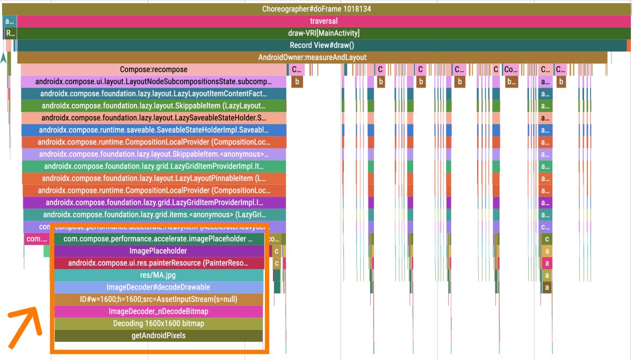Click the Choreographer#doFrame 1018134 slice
pos(316,9)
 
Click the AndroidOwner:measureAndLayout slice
pos(312,57)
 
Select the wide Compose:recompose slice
pos(154,70)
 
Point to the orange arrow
pos(25,327)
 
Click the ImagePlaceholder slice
pos(158,251)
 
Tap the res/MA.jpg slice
pos(158,275)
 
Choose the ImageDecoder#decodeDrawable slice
pos(158,287)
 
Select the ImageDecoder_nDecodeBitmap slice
pos(158,312)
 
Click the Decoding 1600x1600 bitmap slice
pos(158,323)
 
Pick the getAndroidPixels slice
pos(158,336)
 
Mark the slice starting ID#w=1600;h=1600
pos(158,299)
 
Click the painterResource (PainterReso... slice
pos(158,263)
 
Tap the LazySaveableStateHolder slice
pos(154,118)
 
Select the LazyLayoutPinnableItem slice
pos(154,178)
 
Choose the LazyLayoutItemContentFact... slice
pos(154,93)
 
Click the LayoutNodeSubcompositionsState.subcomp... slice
pos(154,82)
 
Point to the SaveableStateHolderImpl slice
pos(154,130)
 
